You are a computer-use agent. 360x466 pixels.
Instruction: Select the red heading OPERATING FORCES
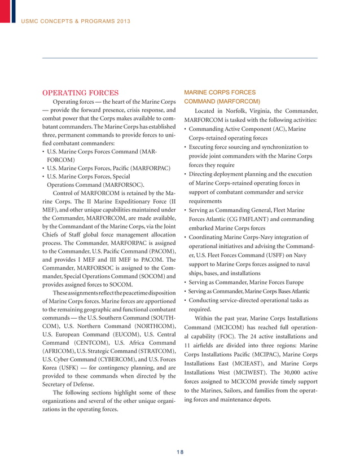81,93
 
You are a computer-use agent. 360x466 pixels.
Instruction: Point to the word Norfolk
239,112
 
